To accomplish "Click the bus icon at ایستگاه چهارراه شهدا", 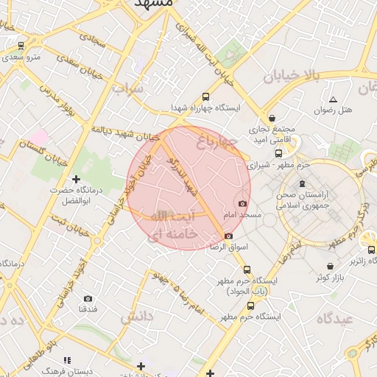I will pos(205,96).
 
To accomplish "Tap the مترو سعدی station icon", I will pos(21,45).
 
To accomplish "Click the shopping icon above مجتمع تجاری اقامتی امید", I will pos(272,118).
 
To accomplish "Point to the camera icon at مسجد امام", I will pos(242,203).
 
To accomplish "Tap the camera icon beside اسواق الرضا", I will pos(228,236).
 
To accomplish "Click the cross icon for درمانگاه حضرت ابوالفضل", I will pos(75,179).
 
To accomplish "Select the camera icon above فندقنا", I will pos(88,298).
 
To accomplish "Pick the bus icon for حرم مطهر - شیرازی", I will pos(278,153).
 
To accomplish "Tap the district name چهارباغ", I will pos(217,140).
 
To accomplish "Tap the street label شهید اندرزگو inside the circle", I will pos(183,175).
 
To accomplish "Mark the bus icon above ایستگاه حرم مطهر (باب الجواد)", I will pos(247,269).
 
